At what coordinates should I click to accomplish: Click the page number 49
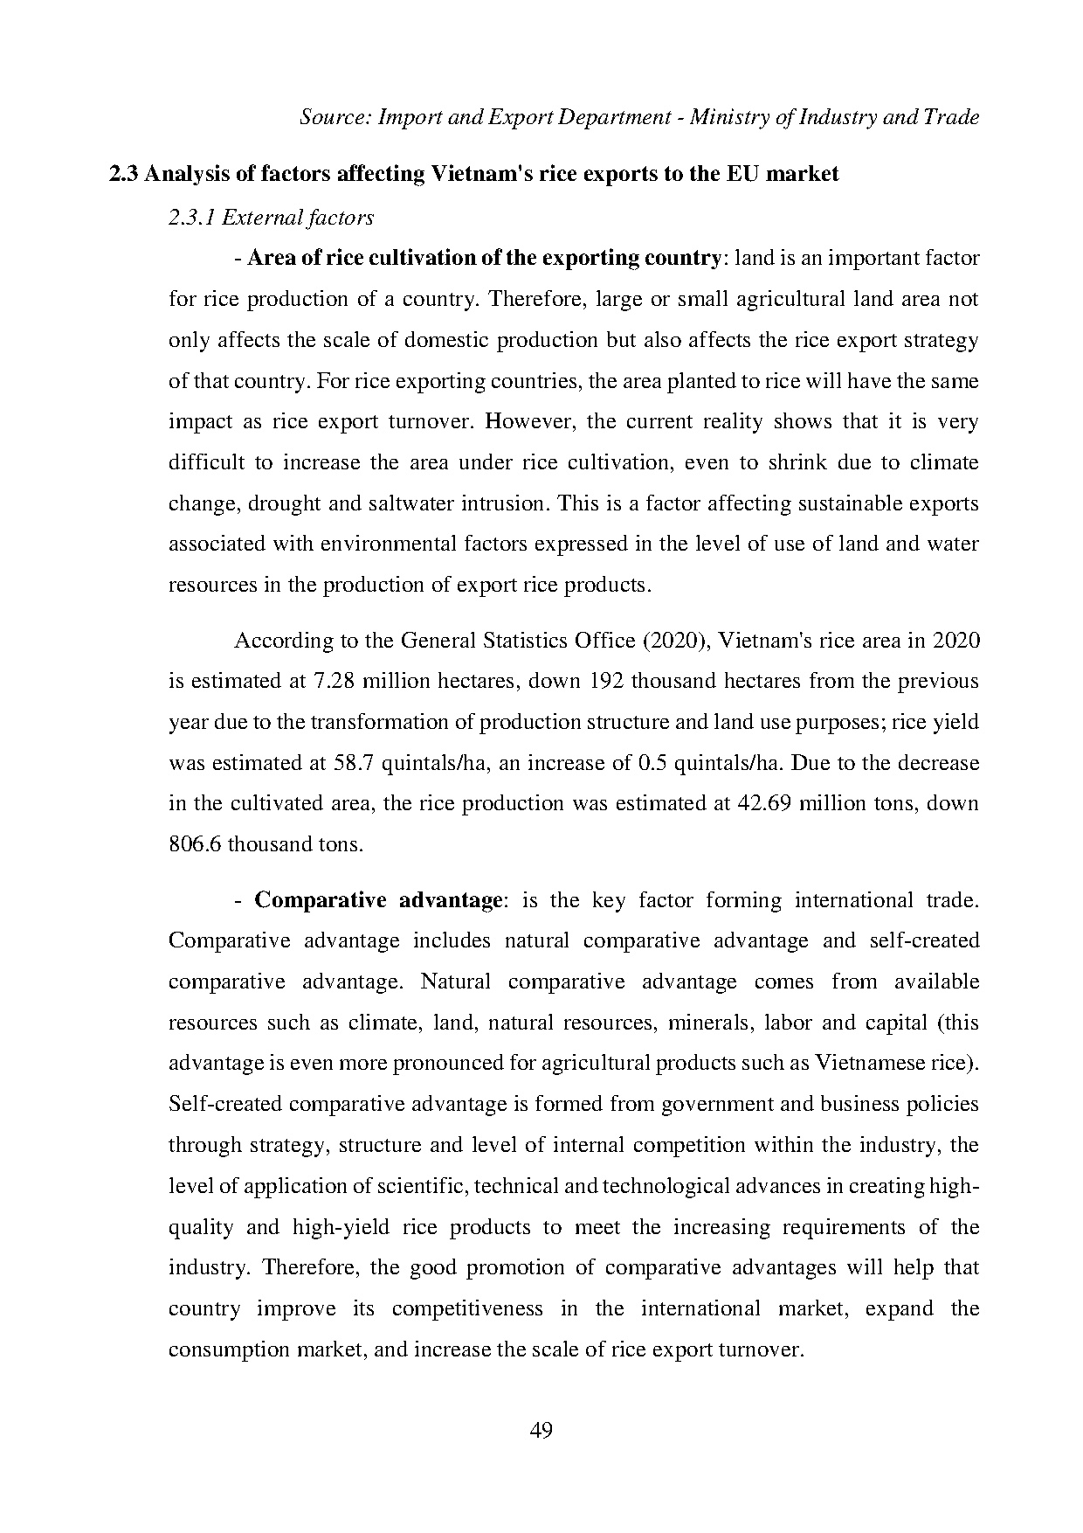pyautogui.click(x=541, y=1431)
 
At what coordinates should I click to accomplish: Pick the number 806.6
pyautogui.click(x=195, y=844)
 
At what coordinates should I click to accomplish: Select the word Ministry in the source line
pyautogui.click(x=724, y=117)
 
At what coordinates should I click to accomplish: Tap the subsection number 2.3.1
pyautogui.click(x=192, y=218)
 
